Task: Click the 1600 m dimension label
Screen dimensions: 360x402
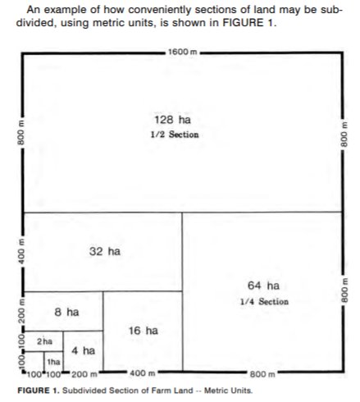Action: pos(182,52)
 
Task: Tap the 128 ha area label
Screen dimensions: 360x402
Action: pos(172,120)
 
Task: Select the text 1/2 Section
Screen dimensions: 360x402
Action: pos(175,135)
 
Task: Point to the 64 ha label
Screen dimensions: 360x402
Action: pos(263,286)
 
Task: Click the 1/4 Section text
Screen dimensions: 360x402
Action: pos(264,302)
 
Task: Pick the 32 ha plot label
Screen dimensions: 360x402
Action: pos(105,251)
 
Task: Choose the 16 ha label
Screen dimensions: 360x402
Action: pos(144,331)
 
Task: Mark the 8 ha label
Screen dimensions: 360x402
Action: pos(66,312)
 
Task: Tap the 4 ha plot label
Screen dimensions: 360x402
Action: pos(83,350)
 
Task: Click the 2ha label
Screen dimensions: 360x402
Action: pos(44,341)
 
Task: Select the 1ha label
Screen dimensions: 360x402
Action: pos(53,362)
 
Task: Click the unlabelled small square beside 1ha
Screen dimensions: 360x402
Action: pos(34,362)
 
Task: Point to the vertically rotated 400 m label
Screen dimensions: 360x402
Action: pos(21,251)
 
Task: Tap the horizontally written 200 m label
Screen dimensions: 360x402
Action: pos(84,374)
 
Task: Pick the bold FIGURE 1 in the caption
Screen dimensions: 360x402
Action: pos(39,391)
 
